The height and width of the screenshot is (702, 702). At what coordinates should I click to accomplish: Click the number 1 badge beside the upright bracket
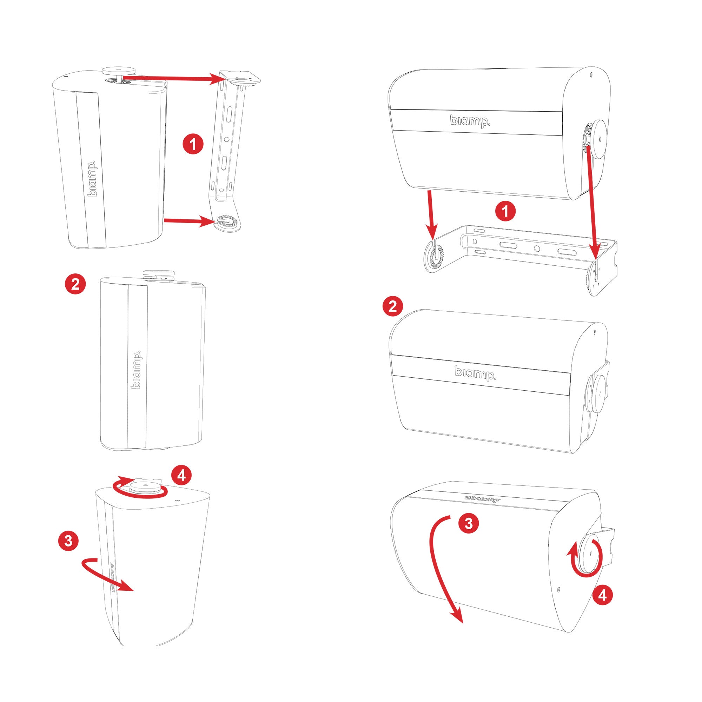(193, 144)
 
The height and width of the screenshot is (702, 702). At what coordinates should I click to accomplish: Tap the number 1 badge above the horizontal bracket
(505, 211)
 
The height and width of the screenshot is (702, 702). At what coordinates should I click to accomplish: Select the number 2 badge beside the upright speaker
(75, 284)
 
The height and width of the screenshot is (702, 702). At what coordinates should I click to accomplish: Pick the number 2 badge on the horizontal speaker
(393, 307)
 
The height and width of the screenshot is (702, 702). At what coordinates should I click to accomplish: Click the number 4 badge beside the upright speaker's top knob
(181, 475)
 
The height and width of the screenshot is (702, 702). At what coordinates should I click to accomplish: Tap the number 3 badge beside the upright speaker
(69, 541)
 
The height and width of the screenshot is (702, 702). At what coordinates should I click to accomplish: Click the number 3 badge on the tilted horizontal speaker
(469, 523)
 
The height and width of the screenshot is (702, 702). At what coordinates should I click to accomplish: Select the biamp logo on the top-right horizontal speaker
(470, 121)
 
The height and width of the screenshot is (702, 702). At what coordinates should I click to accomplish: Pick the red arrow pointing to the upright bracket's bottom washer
(188, 220)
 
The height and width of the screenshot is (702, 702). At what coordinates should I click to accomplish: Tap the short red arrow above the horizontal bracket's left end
(431, 214)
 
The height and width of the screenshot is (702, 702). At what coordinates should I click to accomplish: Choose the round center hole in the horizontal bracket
(537, 249)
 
